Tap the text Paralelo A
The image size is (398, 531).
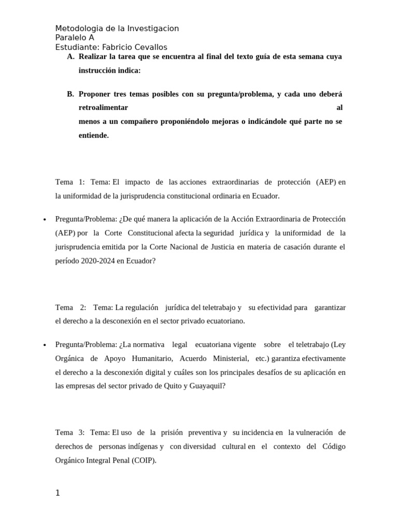pyautogui.click(x=75, y=38)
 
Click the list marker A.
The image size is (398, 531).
pyautogui.click(x=71, y=57)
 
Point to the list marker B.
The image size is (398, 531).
pyautogui.click(x=70, y=94)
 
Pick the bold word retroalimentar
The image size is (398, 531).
pyautogui.click(x=103, y=108)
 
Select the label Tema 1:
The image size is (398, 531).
pyautogui.click(x=69, y=182)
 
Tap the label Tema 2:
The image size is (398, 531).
pyautogui.click(x=70, y=308)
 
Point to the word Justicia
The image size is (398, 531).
pyautogui.click(x=219, y=247)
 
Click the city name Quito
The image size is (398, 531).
pyautogui.click(x=173, y=386)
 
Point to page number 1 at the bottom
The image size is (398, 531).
pyautogui.click(x=58, y=493)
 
